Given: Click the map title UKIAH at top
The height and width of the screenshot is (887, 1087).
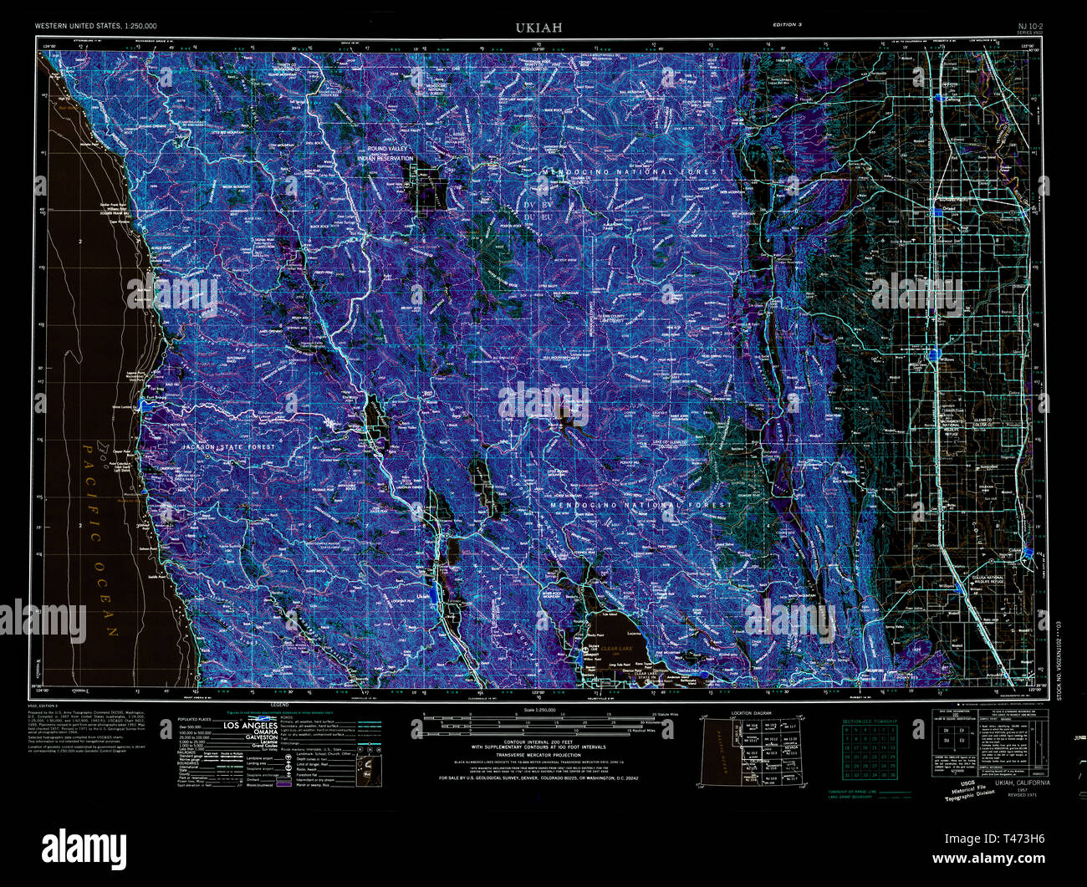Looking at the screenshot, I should tap(538, 28).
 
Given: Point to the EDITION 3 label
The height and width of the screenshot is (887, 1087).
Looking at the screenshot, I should tap(787, 26).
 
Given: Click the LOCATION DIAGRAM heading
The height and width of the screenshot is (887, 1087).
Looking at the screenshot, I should tap(752, 713).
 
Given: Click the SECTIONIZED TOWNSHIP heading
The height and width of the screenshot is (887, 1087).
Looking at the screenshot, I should tap(869, 721).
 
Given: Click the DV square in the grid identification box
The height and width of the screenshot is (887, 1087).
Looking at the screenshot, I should tap(946, 730).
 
